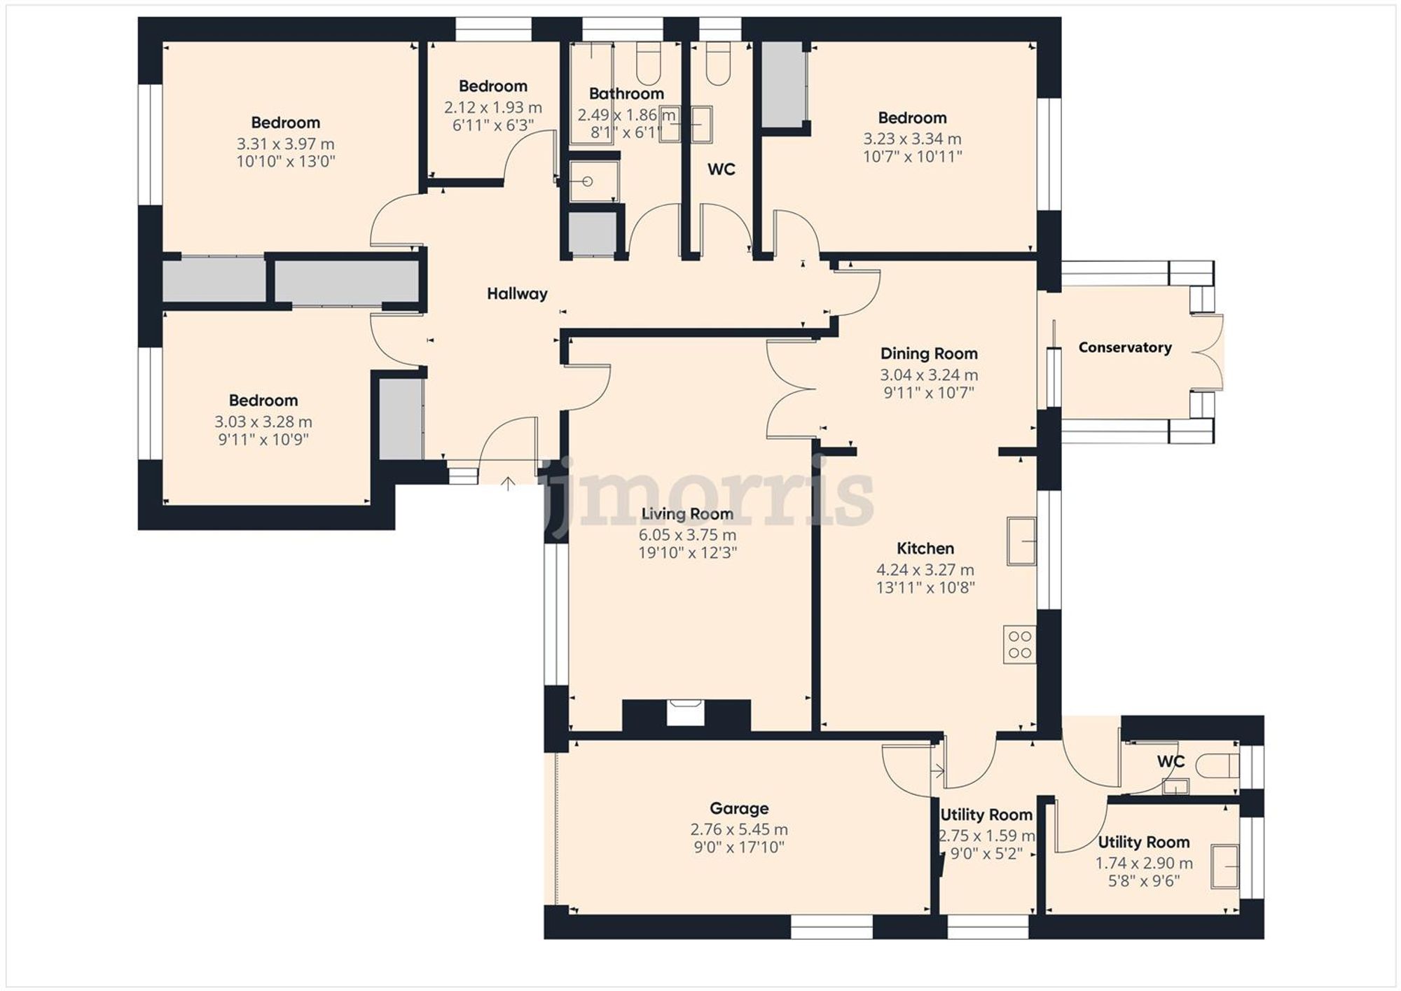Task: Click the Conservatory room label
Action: click(x=1124, y=347)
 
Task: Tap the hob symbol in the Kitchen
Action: click(x=1020, y=645)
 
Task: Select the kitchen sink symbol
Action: click(x=1021, y=541)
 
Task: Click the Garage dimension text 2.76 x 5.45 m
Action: click(x=739, y=830)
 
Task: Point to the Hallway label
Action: click(x=517, y=294)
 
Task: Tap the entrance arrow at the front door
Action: click(x=508, y=483)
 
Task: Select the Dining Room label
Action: click(x=929, y=354)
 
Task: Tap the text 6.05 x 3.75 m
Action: click(x=687, y=535)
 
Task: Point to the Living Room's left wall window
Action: click(x=556, y=614)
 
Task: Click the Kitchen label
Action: click(x=925, y=548)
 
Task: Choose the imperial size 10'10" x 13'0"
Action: click(x=286, y=162)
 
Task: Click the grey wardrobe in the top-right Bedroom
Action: click(x=782, y=85)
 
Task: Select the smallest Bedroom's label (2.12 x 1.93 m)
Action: click(x=492, y=86)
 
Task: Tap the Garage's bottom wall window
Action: click(x=831, y=928)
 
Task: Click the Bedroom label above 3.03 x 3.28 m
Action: click(x=263, y=401)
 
